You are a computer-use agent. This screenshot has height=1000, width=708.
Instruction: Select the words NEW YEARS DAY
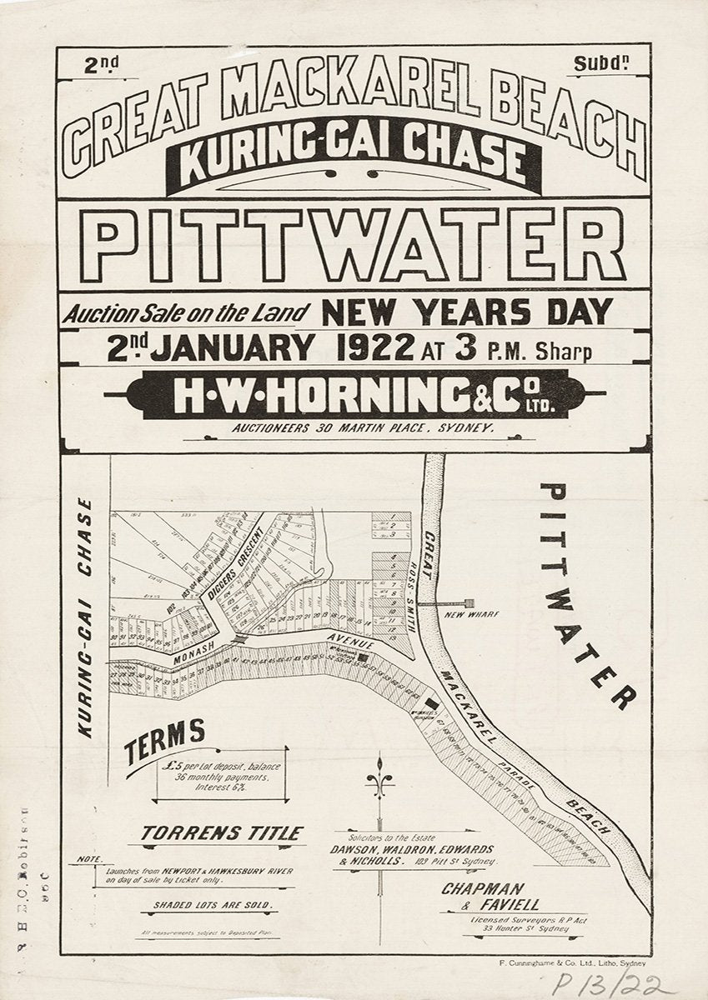pos(466,312)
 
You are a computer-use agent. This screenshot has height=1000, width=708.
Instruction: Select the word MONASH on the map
pos(198,656)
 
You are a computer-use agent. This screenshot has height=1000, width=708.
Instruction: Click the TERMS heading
pos(165,738)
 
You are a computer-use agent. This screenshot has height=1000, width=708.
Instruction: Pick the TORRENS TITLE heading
pos(221,832)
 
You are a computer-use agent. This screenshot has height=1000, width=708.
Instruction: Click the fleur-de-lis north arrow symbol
pos(380,779)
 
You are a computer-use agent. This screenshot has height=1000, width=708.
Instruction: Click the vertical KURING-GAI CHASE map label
pos(84,617)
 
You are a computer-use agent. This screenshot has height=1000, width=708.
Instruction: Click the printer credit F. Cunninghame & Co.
pos(563,961)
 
